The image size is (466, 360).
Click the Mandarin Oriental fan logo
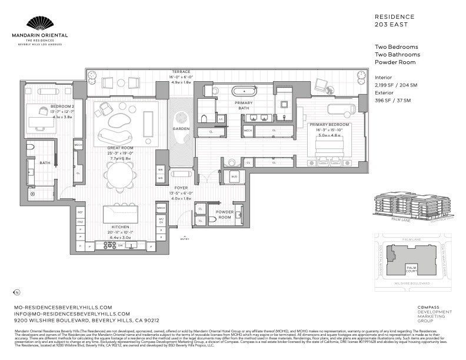point(46,24)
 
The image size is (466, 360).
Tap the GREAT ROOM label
point(119,148)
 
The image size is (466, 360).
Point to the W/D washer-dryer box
point(234,176)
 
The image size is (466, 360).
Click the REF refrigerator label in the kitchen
point(80,212)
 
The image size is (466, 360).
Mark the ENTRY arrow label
point(185,239)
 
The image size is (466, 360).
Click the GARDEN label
point(181,128)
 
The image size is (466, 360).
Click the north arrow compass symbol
point(16,292)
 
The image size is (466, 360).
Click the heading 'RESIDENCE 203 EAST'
point(395,21)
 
